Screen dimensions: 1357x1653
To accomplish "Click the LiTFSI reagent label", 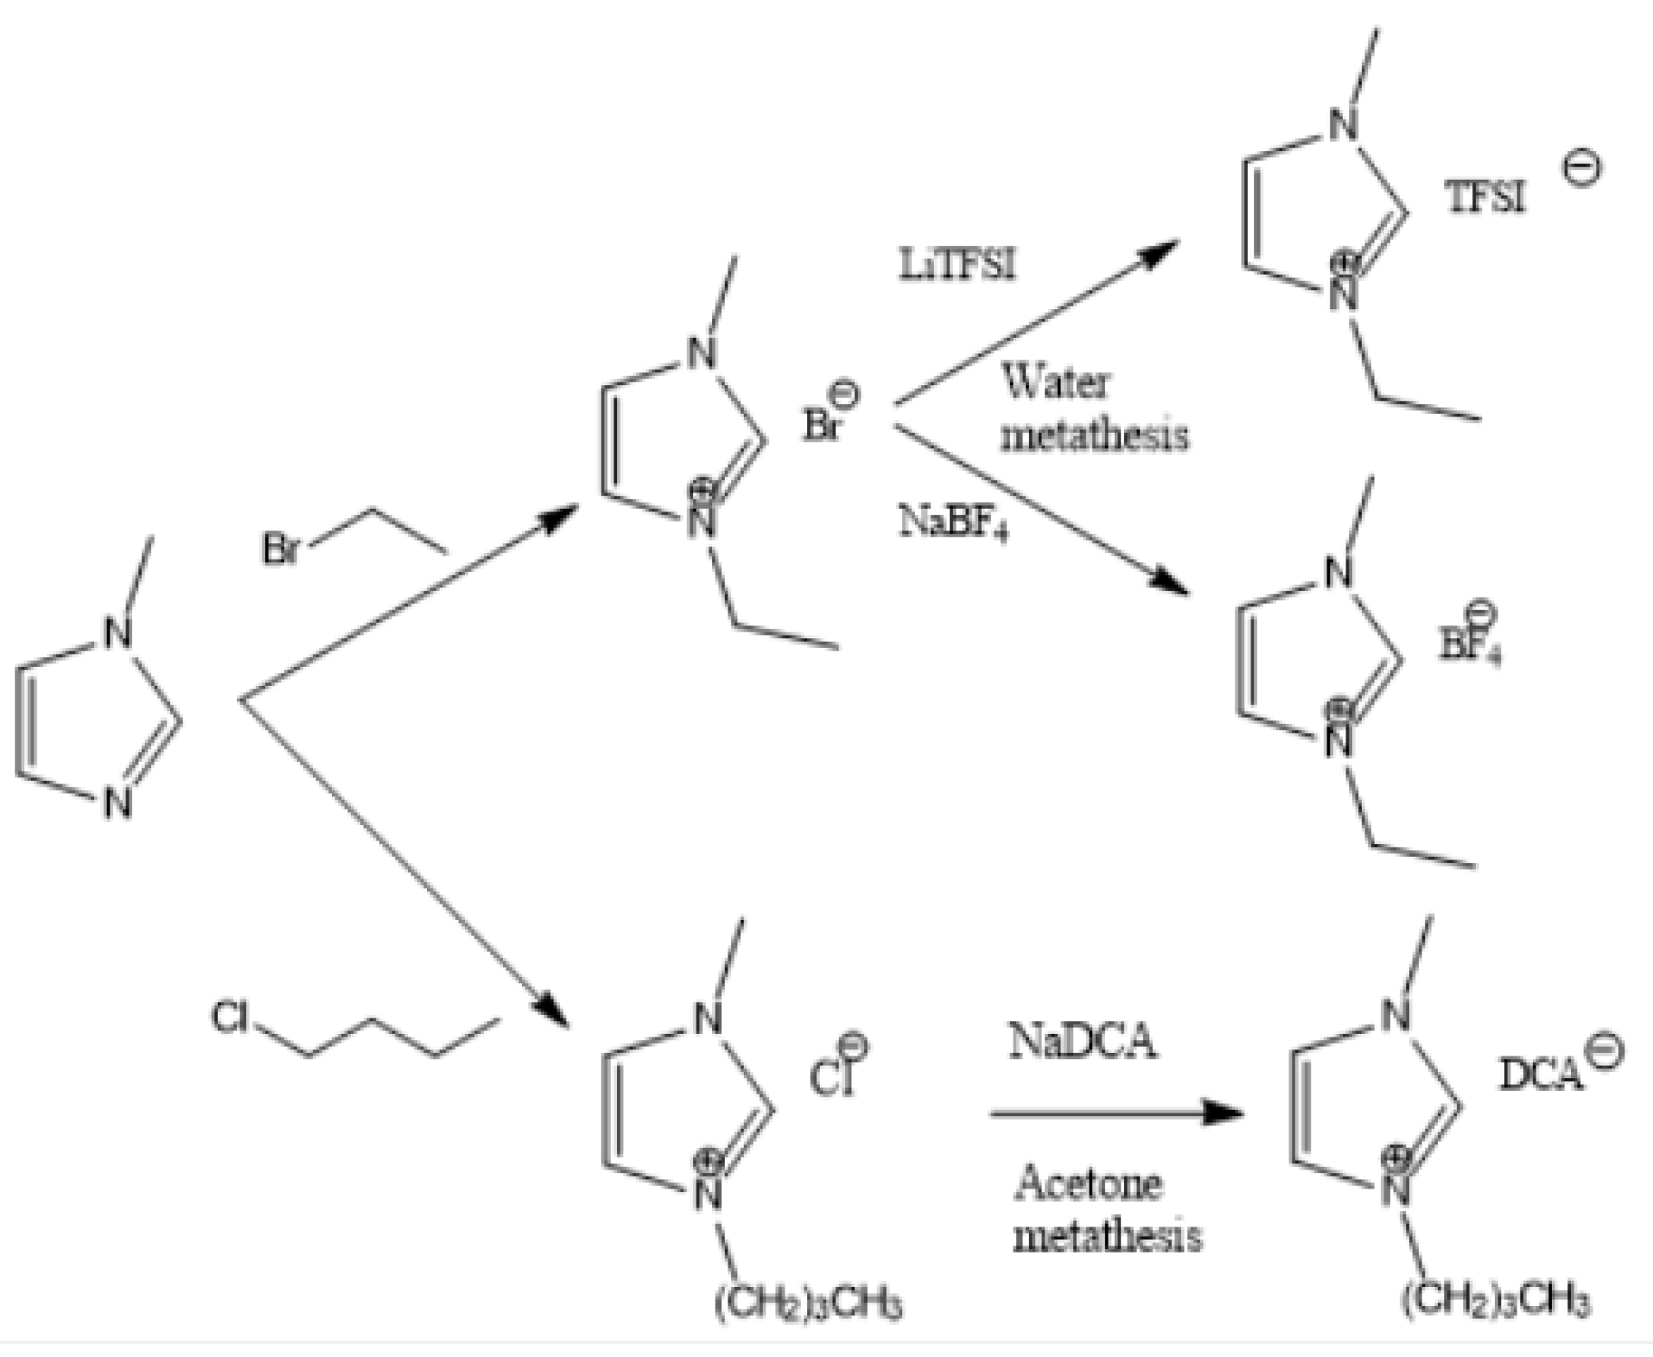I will coord(957,263).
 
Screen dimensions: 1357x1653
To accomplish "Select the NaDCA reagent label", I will coord(1082,1040).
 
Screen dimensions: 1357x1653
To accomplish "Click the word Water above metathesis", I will coord(1056,381).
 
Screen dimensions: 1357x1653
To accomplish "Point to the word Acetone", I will coord(1088,1183).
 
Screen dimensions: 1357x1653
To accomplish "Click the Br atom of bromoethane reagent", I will coord(281,549).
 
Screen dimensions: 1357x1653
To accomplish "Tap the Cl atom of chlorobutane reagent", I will coord(230,1017).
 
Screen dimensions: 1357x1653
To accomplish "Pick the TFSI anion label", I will coord(1485,198).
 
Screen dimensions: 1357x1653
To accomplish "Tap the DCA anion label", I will coord(1541,1075).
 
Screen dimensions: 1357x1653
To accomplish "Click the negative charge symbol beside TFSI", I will coord(1580,168).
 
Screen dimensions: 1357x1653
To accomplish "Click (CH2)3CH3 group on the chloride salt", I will coord(808,1302).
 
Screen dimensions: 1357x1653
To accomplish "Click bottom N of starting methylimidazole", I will coord(118,803).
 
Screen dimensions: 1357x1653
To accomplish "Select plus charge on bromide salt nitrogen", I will coord(703,491).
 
